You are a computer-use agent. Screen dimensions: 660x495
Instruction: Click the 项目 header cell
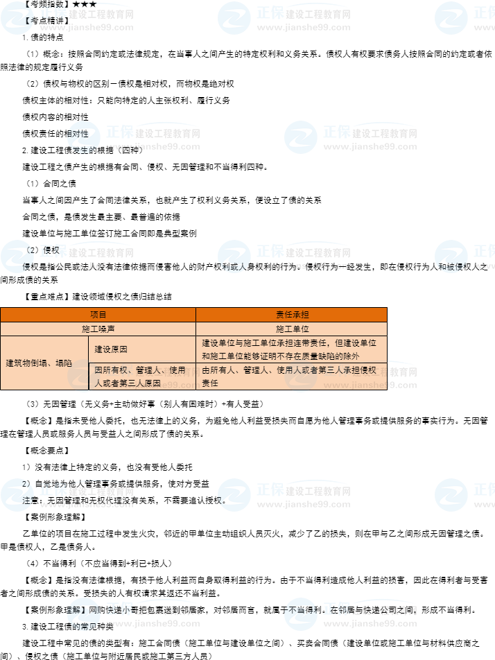[x=98, y=315]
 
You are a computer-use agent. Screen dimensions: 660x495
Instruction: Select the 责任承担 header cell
[x=291, y=315]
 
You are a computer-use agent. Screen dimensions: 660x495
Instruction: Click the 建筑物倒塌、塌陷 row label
[x=39, y=363]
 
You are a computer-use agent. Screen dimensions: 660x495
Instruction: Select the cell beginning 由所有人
[x=291, y=376]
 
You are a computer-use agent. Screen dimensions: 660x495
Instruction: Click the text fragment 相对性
[x=78, y=133]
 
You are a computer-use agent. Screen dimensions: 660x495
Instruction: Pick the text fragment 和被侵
[x=451, y=266]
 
